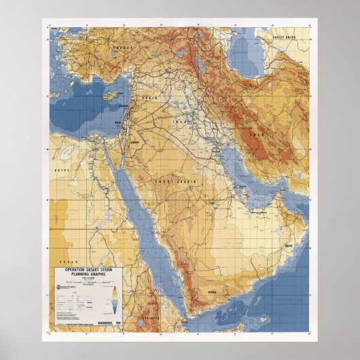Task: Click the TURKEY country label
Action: click(122, 48)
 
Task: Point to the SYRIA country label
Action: click(149, 99)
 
